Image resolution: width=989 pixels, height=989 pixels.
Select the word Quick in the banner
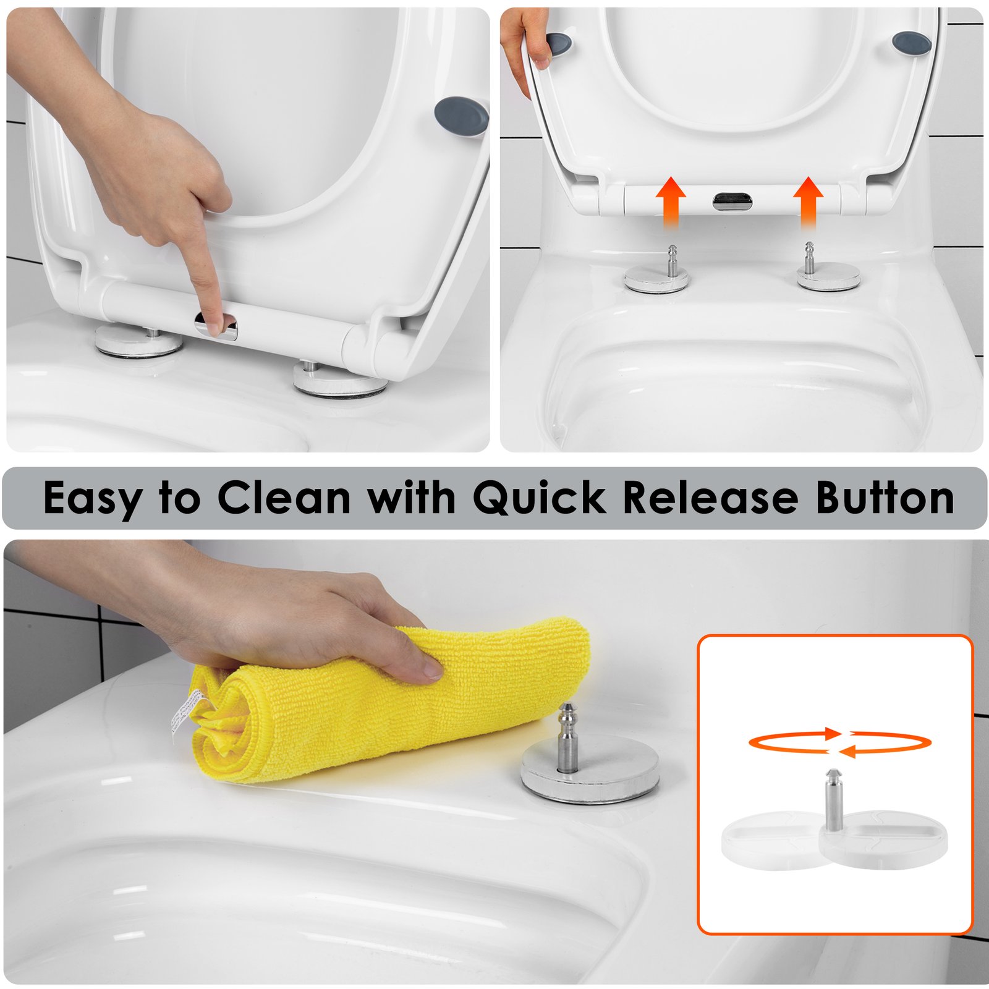click(539, 498)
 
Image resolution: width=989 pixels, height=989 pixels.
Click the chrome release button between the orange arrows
click(732, 200)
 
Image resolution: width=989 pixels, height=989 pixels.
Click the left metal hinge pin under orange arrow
click(672, 260)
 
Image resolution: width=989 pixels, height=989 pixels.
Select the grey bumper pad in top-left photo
click(461, 116)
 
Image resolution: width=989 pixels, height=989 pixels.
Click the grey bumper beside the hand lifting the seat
click(559, 43)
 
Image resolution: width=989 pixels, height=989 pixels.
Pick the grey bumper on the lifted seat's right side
click(912, 42)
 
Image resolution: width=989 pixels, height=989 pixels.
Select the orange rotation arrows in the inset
click(839, 742)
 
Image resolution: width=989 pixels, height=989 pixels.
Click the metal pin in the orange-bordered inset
click(833, 797)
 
